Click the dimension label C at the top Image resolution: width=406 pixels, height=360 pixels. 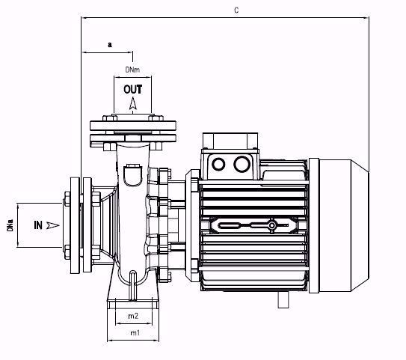coord(236,10)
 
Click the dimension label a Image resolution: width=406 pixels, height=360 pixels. coord(109,44)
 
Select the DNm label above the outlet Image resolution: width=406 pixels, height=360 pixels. coord(133,70)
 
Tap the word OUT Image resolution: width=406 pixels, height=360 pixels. coord(133,89)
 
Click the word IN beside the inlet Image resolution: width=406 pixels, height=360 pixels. coord(37,224)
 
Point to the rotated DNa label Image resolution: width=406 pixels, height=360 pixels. coord(10,225)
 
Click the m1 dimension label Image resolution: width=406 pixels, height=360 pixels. coord(134,332)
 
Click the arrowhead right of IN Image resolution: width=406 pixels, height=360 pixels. coord(52,224)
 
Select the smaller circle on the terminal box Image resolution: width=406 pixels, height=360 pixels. coord(218,165)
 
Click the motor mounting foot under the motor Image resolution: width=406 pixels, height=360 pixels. coord(284,300)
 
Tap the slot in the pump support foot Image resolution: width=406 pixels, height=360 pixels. coord(133,289)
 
